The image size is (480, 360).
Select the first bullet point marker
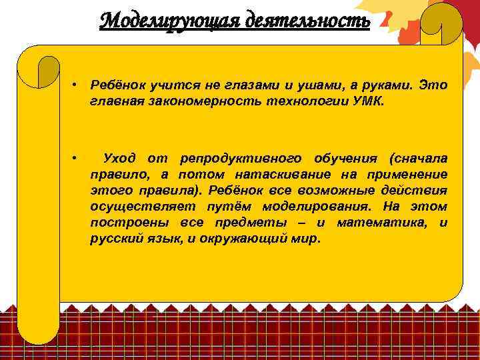77,87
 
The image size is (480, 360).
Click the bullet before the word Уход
77,158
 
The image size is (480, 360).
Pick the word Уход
119,158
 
